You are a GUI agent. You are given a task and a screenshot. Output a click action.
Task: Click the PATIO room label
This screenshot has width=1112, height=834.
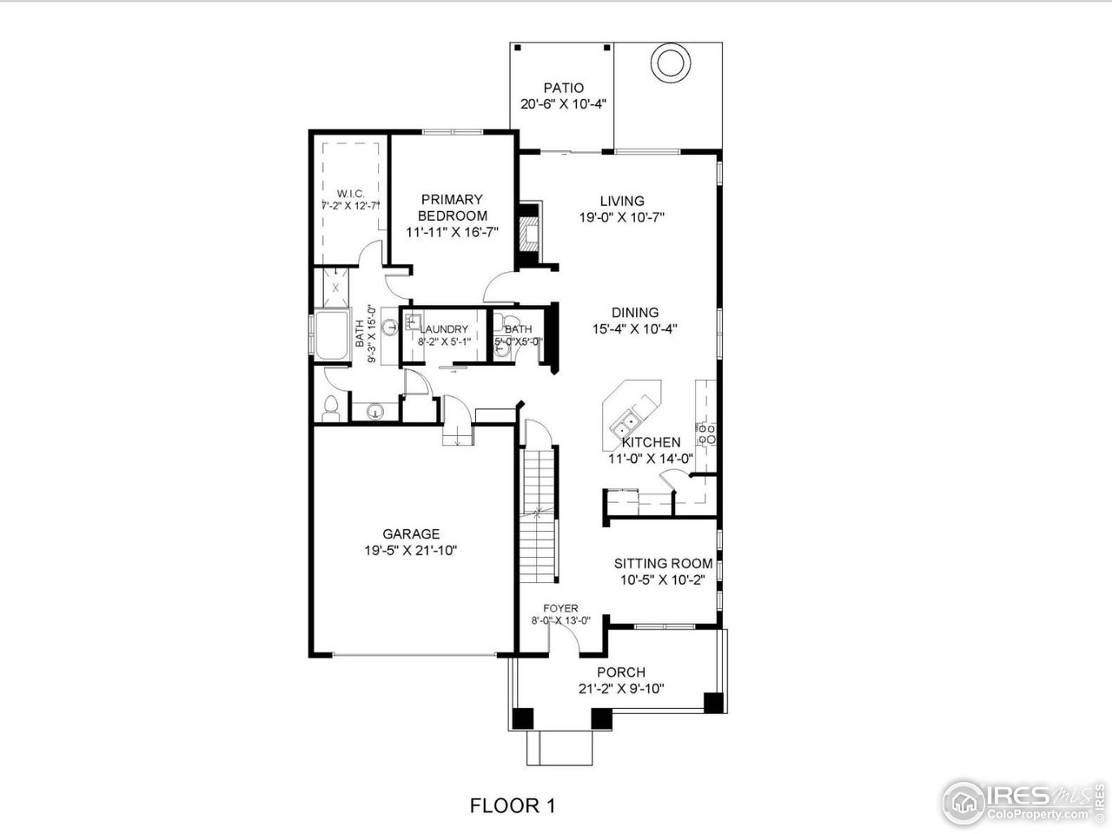point(563,88)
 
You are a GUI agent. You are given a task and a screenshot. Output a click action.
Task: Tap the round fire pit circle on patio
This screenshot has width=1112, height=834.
point(671,63)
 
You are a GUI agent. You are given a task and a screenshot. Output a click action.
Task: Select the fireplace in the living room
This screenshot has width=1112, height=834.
point(528,233)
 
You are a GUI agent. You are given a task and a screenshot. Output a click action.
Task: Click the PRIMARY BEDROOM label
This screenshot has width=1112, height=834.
point(452,208)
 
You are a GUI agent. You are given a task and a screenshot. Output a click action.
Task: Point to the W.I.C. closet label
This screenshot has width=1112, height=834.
point(350,193)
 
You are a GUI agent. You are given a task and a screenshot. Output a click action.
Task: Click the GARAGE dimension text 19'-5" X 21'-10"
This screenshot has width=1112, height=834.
point(411,550)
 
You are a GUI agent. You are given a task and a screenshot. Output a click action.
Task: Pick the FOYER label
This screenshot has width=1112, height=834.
point(560,608)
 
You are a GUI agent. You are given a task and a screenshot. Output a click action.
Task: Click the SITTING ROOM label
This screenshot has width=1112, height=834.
point(663,563)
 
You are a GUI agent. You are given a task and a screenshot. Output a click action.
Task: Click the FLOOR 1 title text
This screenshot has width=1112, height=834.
point(512,805)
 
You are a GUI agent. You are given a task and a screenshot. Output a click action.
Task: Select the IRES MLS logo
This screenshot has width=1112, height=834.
point(1021,799)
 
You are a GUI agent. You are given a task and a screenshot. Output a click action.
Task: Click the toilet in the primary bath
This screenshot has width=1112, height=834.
point(330,407)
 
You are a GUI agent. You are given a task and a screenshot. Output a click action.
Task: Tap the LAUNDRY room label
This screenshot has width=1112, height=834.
point(444,329)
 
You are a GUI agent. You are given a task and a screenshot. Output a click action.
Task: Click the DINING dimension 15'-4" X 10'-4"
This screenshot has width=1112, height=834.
point(634,329)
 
